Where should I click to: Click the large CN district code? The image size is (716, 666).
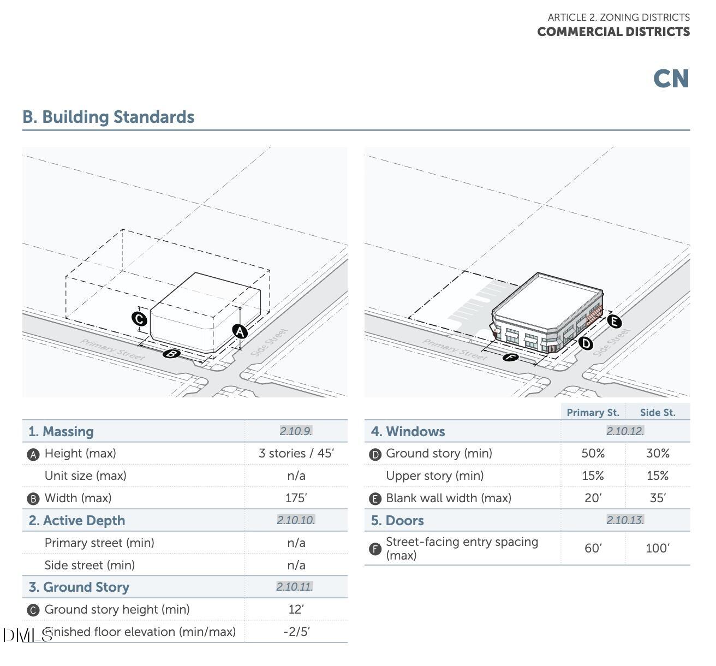[671, 79]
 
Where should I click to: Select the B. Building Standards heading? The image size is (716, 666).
[108, 117]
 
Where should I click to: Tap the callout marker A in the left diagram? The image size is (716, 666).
[240, 331]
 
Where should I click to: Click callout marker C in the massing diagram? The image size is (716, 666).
[139, 319]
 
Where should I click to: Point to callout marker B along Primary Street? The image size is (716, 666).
[171, 354]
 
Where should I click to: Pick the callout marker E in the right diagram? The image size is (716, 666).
[614, 321]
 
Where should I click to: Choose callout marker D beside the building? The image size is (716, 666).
[586, 343]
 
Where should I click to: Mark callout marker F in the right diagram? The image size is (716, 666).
[510, 358]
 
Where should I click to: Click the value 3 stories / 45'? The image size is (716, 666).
[296, 453]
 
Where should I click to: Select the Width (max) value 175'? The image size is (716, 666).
[296, 498]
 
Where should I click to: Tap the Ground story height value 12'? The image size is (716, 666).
[296, 609]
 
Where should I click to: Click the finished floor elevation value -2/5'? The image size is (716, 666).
[296, 632]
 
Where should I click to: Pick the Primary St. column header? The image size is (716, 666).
[593, 412]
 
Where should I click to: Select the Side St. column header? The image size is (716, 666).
[658, 412]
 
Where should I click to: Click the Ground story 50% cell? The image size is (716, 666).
[593, 453]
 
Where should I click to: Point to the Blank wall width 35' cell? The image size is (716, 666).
[658, 498]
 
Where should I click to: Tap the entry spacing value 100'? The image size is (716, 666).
[658, 548]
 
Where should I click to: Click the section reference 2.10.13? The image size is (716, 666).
[625, 520]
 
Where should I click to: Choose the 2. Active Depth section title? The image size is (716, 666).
[77, 520]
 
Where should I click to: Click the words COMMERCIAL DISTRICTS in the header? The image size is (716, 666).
[613, 32]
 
